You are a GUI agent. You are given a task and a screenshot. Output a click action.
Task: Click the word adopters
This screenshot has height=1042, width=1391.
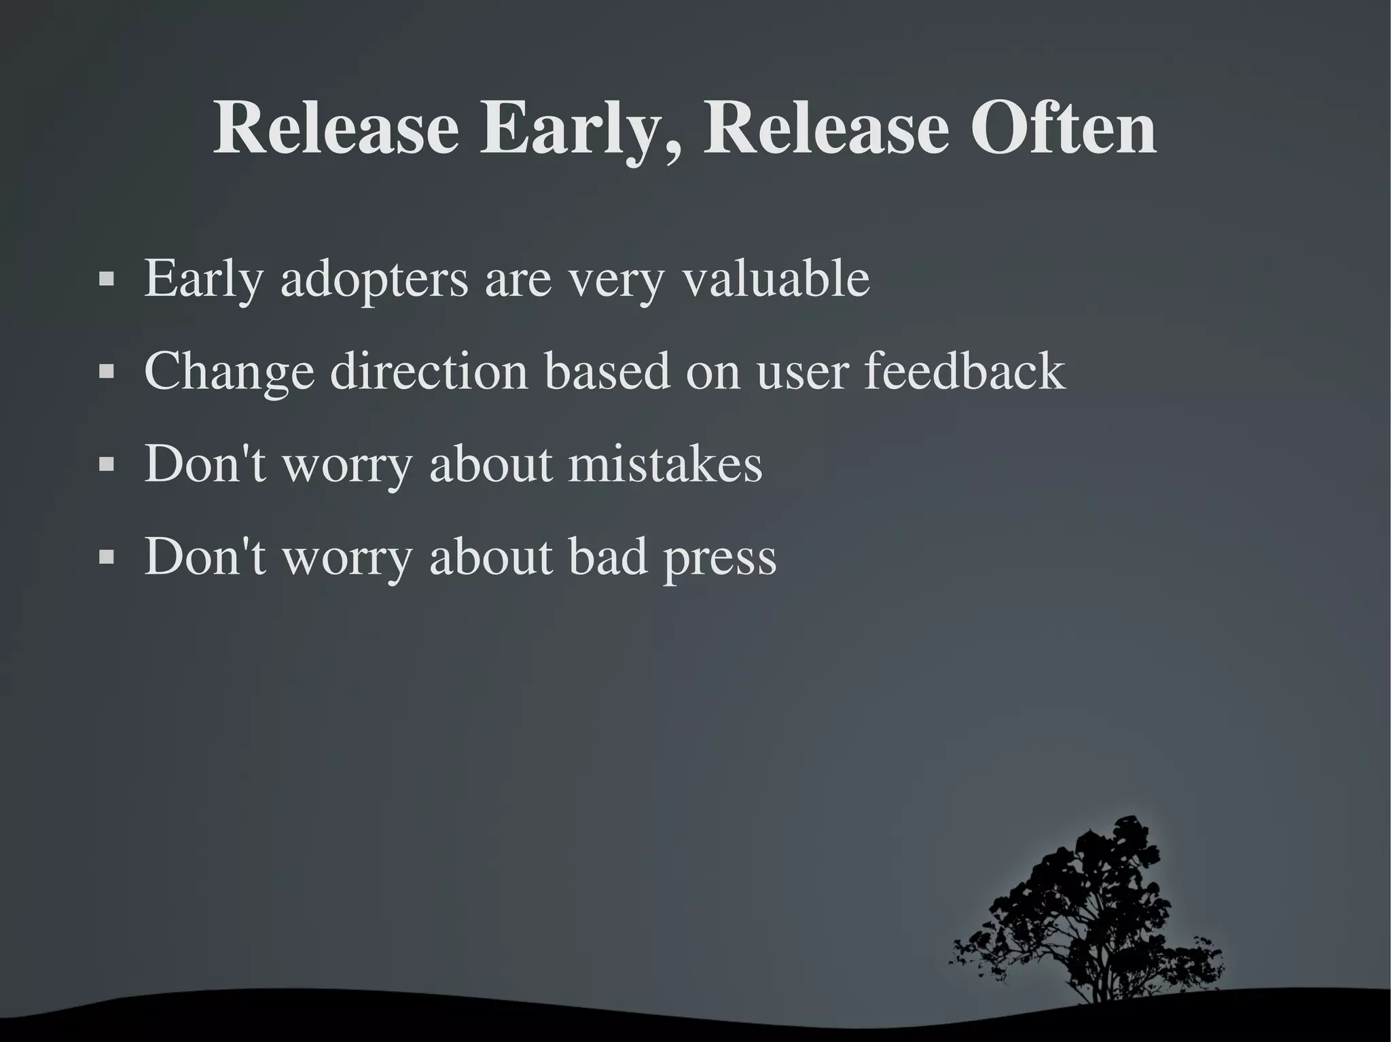click(x=374, y=280)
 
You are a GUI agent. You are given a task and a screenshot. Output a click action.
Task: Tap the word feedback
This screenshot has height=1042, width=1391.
click(x=964, y=371)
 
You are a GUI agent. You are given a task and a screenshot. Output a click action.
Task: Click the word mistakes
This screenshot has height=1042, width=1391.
click(x=665, y=464)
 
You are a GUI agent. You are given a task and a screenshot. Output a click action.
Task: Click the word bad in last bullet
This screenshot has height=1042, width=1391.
click(x=608, y=557)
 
